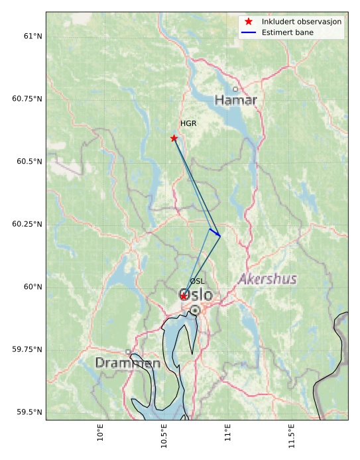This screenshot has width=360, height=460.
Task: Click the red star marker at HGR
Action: pos(174,139)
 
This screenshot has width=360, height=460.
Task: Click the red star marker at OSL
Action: pos(184,296)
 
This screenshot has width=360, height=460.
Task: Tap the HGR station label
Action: pos(188,124)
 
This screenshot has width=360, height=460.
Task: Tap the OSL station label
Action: pos(197,282)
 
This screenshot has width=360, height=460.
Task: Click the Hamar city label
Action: pos(235,100)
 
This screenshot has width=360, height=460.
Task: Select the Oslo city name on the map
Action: pos(196,294)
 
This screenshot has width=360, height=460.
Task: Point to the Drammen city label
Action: pos(127,363)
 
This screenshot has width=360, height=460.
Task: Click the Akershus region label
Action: pos(267,279)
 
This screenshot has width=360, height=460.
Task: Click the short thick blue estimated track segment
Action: pos(214,233)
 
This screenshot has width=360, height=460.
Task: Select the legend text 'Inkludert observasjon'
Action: pos(302,21)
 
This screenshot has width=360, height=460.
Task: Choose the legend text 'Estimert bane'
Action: pos(288,32)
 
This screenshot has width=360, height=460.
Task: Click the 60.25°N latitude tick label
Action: pos(27,224)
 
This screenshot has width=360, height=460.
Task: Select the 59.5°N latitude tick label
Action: pos(27,412)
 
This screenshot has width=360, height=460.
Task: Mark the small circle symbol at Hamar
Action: pos(235,89)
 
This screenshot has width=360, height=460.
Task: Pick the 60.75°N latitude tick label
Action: pos(27,99)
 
